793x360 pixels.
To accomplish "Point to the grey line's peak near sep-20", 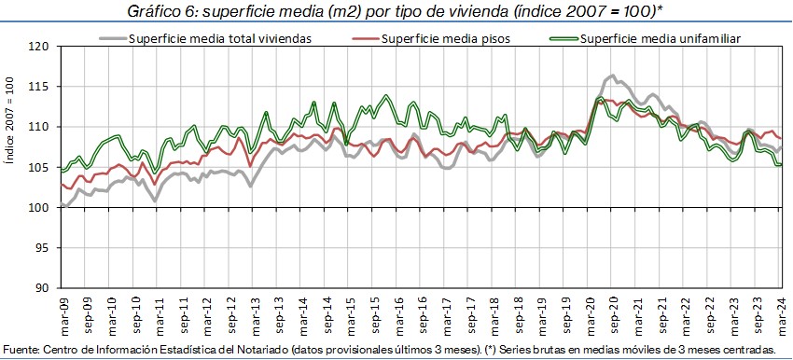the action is [x=612, y=76].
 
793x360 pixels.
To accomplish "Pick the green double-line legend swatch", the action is [x=563, y=38].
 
